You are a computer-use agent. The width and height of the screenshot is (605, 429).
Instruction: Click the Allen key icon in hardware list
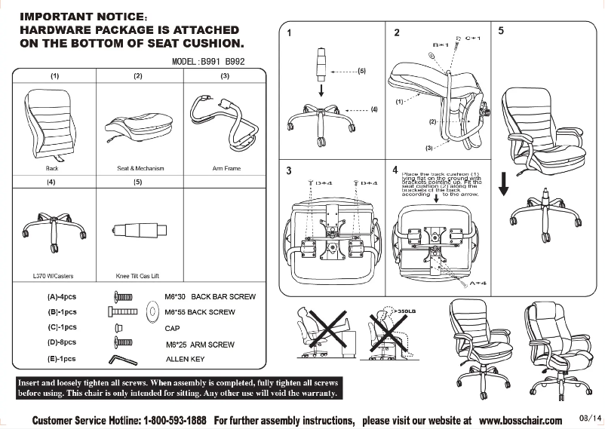click(124, 359)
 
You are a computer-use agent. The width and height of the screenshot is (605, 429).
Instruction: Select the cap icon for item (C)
click(118, 328)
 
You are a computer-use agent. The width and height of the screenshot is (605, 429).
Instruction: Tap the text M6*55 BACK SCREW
click(200, 312)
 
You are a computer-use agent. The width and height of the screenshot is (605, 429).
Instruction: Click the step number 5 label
click(502, 31)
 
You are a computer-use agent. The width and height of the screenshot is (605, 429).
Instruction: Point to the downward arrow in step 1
click(322, 90)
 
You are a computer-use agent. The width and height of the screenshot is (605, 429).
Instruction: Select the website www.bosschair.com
click(521, 420)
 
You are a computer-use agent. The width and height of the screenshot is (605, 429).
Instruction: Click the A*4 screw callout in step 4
click(476, 283)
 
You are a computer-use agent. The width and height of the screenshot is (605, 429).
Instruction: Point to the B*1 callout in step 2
click(441, 45)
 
